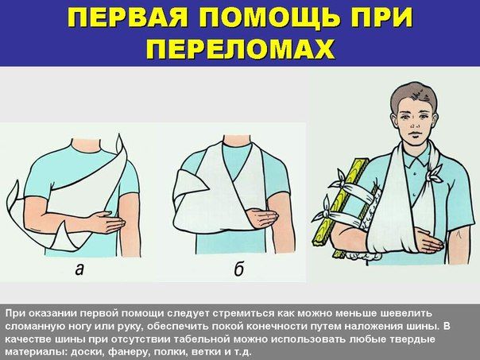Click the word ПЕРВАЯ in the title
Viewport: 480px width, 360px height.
[126, 17]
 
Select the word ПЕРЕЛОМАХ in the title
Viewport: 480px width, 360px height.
[240, 48]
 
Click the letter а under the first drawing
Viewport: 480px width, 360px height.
[79, 269]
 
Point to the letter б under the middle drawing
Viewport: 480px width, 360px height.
[238, 269]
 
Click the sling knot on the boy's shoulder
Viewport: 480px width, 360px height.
[433, 175]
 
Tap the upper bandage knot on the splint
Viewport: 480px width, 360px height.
[339, 183]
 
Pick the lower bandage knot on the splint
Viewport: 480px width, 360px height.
[325, 212]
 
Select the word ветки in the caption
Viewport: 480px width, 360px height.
[210, 351]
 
